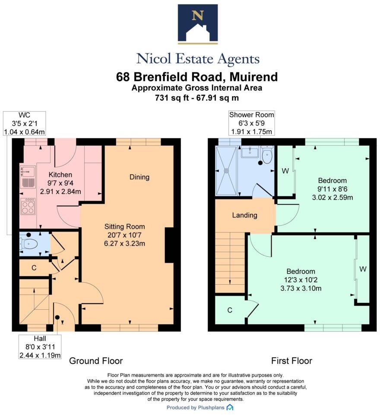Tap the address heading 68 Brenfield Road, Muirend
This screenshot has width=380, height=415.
pos(197,77)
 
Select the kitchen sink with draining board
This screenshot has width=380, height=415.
pos(27,177)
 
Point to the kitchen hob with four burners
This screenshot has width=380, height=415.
pos(28,206)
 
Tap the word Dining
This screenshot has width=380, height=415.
pos(139,177)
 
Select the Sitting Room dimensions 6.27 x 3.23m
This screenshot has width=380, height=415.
pos(124,243)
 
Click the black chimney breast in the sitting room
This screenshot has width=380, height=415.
pos(170,245)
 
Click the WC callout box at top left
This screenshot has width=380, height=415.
pos(24,123)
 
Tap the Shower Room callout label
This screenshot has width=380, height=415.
pos(251,123)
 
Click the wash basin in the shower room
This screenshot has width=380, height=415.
pos(250,152)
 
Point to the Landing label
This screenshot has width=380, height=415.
pos(244,215)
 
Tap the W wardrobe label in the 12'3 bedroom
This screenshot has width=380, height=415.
pos(363,269)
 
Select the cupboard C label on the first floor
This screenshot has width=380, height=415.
pos(230,310)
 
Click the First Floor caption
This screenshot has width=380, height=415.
pos(291,361)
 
